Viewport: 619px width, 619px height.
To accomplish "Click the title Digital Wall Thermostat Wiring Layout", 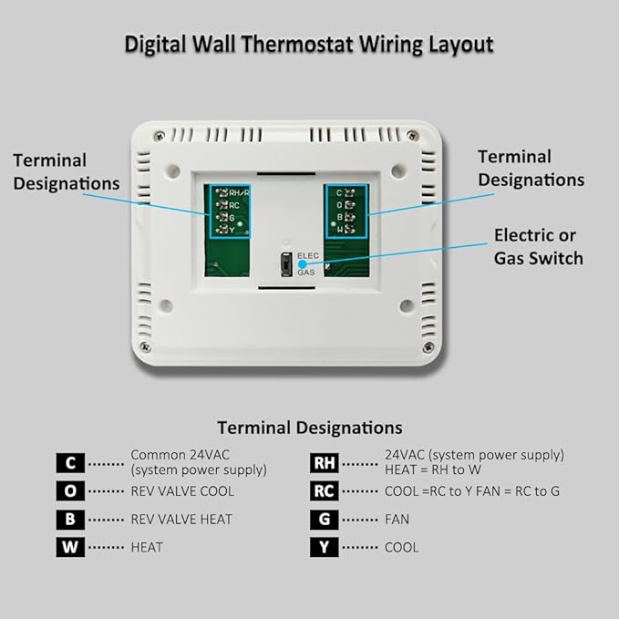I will coord(309,43).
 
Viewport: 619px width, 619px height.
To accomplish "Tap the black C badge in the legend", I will coord(70,462).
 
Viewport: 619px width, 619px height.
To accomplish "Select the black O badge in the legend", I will coord(70,490).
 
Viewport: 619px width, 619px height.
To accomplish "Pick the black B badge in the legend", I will coord(70,519).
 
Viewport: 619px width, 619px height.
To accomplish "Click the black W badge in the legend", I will coord(70,547).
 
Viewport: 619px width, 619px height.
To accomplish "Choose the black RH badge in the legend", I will coord(325,462).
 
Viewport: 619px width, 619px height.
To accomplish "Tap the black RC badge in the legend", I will coord(325,490).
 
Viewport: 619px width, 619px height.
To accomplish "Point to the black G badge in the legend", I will coord(325,519).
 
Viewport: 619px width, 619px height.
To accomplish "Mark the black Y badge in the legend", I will coord(325,547).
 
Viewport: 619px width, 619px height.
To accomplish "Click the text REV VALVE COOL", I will coord(182,490).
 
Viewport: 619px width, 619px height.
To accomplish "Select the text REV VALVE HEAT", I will coord(181,519).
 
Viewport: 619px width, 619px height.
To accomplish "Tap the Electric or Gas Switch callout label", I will coord(538,247).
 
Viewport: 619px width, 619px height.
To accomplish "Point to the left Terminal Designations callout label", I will coord(66,171).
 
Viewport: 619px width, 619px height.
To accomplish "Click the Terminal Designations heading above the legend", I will coord(309,427).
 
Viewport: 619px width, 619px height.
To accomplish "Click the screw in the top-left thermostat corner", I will coord(159,136).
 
